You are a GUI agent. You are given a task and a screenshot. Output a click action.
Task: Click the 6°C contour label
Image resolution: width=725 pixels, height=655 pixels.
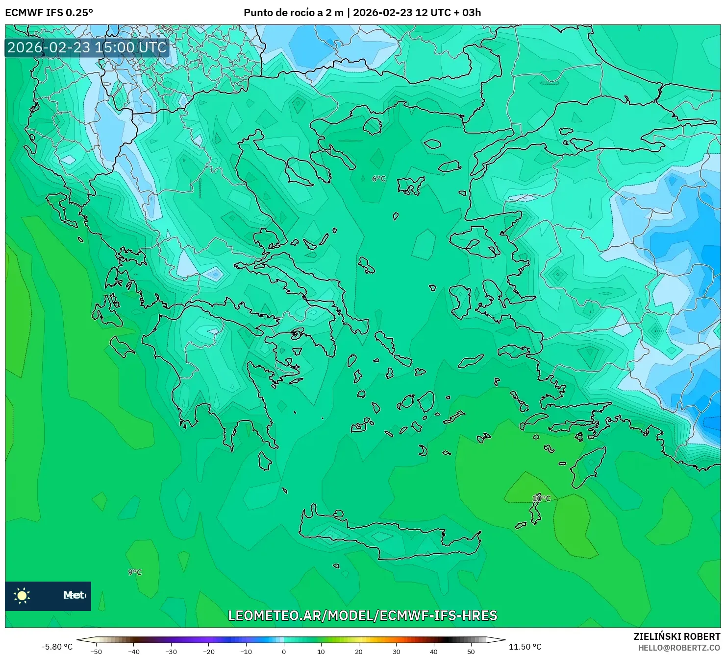point(378,179)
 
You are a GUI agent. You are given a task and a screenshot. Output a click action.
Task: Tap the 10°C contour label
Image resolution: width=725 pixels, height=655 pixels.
point(541,498)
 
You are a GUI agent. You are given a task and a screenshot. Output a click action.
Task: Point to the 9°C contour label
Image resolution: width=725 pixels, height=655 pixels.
point(135,572)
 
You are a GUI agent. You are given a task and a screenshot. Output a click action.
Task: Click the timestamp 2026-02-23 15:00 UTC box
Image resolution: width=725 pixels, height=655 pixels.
point(87,47)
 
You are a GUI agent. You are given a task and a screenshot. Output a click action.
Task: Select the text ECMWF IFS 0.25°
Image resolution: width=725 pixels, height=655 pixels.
point(49,13)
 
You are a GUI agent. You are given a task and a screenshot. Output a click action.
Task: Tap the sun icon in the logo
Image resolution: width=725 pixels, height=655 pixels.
point(22,595)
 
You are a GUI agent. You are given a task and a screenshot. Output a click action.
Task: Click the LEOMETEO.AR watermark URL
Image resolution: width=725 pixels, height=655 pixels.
point(362,615)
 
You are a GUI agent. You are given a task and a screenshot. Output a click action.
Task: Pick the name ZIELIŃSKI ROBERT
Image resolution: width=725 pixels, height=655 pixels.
point(676,636)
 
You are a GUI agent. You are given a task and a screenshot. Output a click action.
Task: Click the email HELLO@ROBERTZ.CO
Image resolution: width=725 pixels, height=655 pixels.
point(679,647)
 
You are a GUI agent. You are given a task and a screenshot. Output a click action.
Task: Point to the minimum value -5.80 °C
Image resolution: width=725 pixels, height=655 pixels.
point(57,647)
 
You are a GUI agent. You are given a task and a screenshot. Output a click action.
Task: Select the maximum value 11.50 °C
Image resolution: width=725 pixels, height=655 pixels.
point(525,647)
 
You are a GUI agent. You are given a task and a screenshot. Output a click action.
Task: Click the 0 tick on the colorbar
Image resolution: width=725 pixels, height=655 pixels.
point(283,651)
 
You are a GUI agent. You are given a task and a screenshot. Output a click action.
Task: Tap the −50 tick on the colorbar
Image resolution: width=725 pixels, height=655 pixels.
point(96,651)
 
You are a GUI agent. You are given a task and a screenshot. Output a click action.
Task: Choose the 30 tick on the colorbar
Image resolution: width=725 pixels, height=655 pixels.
point(396,651)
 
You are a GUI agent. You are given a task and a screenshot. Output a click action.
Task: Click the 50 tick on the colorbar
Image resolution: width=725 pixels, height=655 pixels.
point(471,651)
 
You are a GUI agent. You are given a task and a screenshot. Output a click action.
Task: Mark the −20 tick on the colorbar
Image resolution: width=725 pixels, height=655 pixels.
point(208,651)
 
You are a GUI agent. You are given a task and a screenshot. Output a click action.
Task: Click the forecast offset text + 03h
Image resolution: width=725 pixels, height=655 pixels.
point(466,13)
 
